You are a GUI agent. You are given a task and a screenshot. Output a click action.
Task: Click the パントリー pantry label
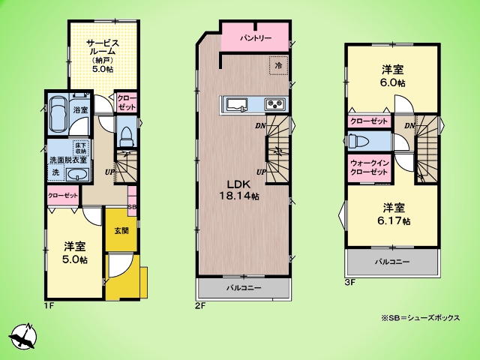tap(256, 38)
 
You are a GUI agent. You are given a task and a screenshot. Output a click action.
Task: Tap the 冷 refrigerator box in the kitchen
tap(278, 65)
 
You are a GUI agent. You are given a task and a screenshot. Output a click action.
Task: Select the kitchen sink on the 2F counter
tap(237, 104)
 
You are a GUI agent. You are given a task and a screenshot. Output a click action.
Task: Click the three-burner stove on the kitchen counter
tap(275, 104)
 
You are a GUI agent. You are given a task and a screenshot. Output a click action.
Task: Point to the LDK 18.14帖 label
tap(239, 190)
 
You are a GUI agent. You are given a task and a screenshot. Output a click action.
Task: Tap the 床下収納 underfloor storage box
tap(81, 148)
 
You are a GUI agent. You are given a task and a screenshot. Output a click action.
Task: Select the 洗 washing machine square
tap(55, 172)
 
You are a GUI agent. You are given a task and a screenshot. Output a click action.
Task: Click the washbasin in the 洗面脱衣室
tap(78, 175)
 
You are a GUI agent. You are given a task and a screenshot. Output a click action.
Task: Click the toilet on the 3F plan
tap(356, 141)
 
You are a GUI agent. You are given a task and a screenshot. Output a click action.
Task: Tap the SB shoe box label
tap(132, 207)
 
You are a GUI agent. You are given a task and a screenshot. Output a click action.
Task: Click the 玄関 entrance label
tap(121, 230)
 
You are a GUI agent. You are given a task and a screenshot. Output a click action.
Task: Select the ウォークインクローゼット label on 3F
tap(370, 167)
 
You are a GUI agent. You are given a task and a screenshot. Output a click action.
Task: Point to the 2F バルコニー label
tap(244, 288)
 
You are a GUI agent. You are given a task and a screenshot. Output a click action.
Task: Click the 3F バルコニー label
tap(392, 262)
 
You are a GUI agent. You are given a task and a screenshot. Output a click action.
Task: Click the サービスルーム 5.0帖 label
tap(102, 55)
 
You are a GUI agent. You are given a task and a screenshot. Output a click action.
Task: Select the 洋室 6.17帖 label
tap(394, 214)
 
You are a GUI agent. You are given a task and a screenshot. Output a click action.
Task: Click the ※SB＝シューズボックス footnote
tap(420, 318)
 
